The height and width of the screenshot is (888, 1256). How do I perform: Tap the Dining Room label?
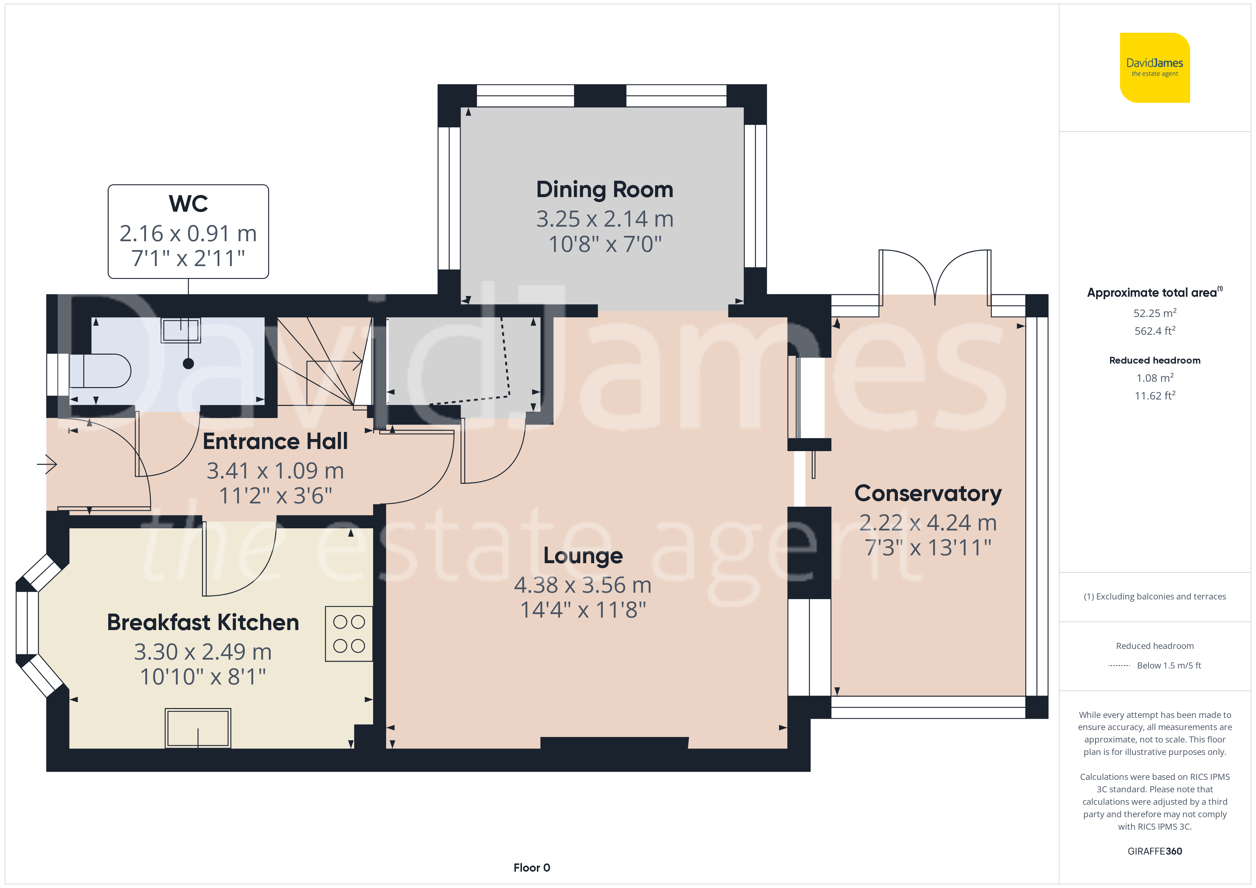[x=605, y=190]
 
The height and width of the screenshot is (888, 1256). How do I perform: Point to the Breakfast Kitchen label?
[x=203, y=622]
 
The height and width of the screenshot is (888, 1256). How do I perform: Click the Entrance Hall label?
[x=275, y=441]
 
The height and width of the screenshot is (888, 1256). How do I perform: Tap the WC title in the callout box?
[x=188, y=203]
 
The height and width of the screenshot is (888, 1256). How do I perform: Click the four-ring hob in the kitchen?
[x=349, y=634]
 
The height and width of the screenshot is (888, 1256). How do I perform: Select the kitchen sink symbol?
[x=198, y=728]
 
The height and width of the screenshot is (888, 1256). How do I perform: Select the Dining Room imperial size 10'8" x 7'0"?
[x=605, y=244]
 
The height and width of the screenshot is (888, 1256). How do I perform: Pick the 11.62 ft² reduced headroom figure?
[x=1155, y=395]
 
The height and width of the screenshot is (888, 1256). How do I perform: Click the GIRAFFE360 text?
[x=1155, y=851]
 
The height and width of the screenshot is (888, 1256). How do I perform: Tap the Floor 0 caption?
[x=532, y=868]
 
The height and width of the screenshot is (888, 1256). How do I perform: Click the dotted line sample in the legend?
[x=1119, y=665]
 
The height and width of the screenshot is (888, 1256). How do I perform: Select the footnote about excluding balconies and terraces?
[x=1155, y=597]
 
